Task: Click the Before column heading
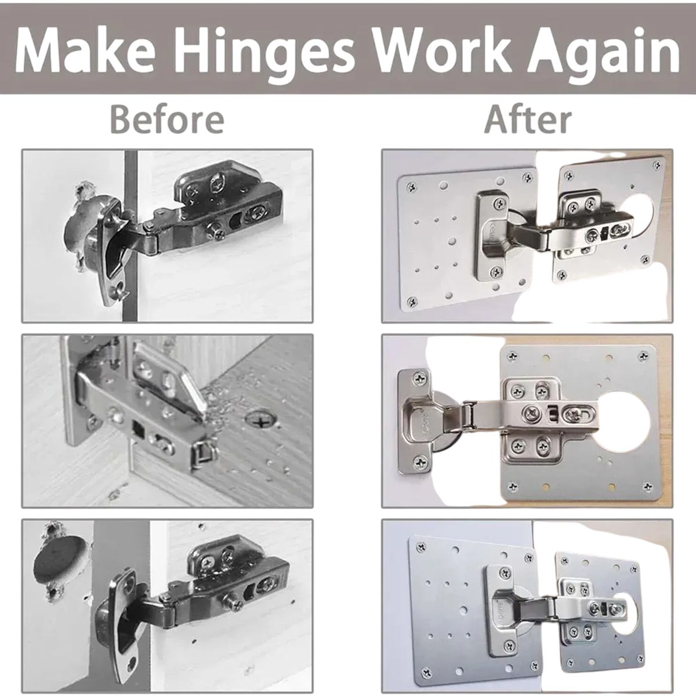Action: coord(167,118)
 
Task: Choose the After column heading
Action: coord(527,118)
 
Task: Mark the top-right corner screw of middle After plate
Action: coord(644,355)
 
